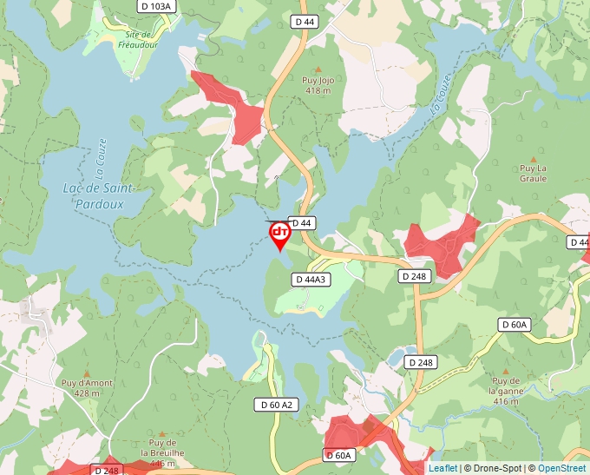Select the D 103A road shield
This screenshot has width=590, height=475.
(156, 6)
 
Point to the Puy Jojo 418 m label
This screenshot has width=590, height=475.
(318, 85)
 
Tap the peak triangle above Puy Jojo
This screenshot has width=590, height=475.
(318, 69)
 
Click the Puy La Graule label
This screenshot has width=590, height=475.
(533, 173)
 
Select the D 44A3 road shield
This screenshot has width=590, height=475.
(310, 280)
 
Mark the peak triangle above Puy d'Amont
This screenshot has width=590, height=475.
(86, 373)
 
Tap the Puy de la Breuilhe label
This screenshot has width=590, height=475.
(162, 447)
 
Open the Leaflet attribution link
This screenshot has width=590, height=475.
(442, 468)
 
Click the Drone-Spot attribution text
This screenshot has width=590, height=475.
(495, 468)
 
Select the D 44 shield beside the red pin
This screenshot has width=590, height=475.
(301, 223)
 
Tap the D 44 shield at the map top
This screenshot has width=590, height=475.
(305, 20)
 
